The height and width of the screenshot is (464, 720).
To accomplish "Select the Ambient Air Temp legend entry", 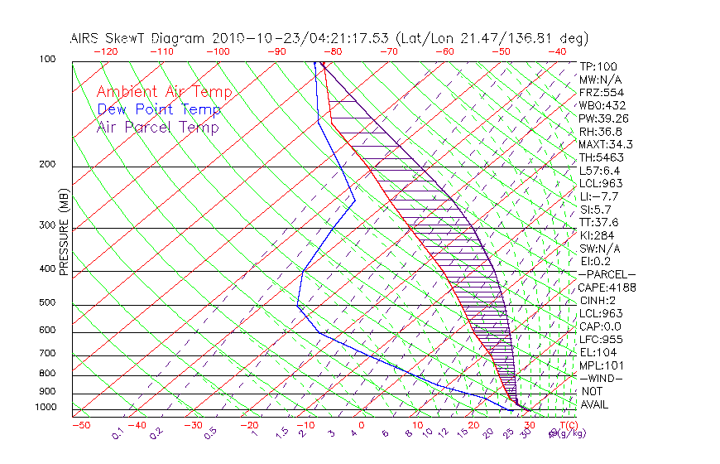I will (164, 92).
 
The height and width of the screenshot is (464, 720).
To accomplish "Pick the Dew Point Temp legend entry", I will (158, 109).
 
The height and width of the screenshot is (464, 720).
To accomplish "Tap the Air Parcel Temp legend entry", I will (157, 127).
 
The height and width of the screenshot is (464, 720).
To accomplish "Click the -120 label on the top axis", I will (106, 51).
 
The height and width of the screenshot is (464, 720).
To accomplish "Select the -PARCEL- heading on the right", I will (607, 274).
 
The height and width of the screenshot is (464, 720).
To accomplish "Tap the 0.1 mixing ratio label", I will (118, 432).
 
